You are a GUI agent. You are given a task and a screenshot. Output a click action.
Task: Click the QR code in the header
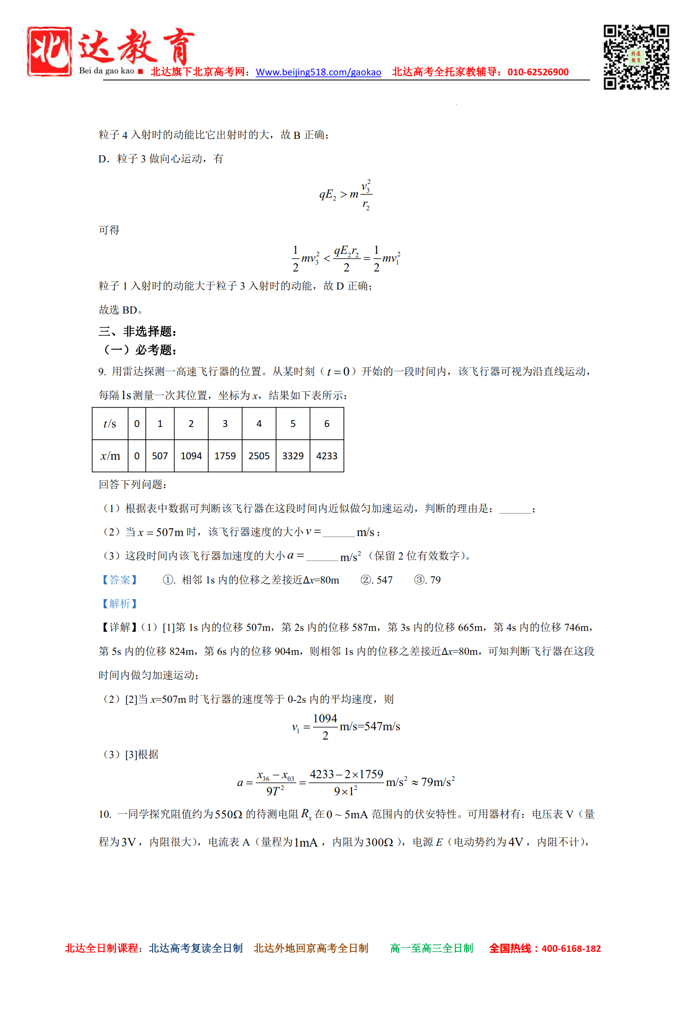click(636, 57)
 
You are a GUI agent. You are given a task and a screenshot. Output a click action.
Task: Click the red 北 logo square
click(49, 51)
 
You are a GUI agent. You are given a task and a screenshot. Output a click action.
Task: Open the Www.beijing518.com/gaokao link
click(318, 72)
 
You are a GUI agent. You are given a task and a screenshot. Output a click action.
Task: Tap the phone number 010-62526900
click(538, 72)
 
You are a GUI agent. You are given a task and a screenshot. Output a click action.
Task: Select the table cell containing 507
click(160, 456)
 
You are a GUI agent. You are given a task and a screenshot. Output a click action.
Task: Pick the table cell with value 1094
click(191, 456)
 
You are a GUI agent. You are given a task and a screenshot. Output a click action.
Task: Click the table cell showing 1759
click(225, 456)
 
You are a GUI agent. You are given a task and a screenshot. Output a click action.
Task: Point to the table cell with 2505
click(259, 456)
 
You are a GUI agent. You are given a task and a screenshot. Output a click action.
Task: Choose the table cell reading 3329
click(293, 456)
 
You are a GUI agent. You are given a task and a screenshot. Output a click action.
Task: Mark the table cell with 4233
click(327, 456)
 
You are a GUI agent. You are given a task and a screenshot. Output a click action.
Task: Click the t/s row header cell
click(110, 424)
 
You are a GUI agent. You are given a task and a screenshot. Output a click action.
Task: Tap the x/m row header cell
click(110, 456)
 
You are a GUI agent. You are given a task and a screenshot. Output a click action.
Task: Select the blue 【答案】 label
click(119, 580)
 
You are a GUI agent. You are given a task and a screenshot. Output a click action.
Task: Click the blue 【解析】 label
click(119, 604)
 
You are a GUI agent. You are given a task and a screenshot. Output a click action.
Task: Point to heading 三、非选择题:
click(137, 332)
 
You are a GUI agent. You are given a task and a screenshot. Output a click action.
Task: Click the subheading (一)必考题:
click(139, 350)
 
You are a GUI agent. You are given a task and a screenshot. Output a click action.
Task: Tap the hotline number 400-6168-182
click(571, 948)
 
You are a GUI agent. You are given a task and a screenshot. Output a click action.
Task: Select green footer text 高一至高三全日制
click(432, 948)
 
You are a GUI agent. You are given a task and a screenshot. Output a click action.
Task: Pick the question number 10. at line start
click(105, 814)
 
